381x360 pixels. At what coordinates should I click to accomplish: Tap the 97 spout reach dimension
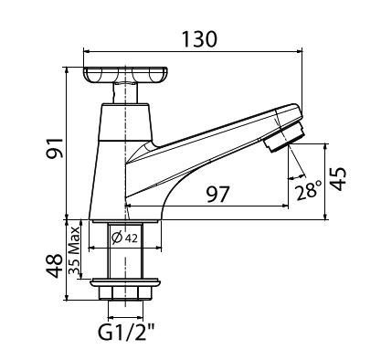(217, 194)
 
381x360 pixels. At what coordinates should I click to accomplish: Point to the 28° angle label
(309, 190)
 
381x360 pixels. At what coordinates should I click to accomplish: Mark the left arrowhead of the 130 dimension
(86, 52)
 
